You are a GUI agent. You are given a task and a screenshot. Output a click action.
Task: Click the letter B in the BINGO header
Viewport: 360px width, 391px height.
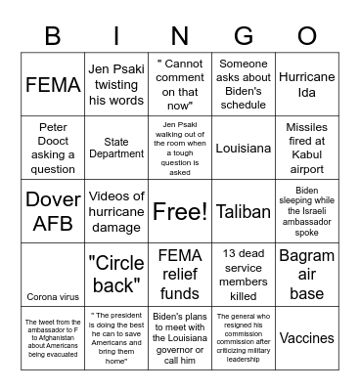(x=53, y=36)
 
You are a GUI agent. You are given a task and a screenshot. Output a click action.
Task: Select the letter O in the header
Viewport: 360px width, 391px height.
(x=306, y=36)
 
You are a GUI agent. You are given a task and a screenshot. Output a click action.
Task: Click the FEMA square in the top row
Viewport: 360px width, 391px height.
(x=53, y=85)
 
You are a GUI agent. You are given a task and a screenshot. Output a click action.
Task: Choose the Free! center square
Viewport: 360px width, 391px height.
(x=180, y=211)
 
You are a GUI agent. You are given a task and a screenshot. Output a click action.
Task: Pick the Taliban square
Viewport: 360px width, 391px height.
(x=244, y=211)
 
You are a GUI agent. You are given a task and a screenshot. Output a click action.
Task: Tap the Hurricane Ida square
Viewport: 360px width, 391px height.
(x=306, y=85)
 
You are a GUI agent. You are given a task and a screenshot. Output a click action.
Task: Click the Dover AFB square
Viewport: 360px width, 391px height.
(x=53, y=211)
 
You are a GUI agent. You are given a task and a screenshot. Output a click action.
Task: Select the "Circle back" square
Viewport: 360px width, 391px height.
(x=116, y=275)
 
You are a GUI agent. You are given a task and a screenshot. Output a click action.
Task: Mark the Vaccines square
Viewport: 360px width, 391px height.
(x=306, y=337)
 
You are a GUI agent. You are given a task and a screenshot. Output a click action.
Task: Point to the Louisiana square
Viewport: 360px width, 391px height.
(x=244, y=149)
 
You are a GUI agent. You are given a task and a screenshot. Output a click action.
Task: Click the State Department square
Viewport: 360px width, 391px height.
(x=116, y=149)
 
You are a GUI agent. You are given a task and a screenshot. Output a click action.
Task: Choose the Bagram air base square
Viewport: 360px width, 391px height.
(x=306, y=275)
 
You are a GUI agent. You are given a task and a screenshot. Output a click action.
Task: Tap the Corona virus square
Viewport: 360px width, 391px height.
(x=53, y=295)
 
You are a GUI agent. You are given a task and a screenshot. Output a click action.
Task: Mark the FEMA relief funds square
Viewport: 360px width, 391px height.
(x=180, y=275)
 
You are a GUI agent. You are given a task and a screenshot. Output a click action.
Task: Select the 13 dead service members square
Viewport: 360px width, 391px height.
(x=244, y=275)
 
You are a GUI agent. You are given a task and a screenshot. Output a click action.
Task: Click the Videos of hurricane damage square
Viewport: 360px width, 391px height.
(x=116, y=211)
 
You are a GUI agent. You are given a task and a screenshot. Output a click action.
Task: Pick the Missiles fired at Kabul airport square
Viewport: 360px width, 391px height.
(x=306, y=149)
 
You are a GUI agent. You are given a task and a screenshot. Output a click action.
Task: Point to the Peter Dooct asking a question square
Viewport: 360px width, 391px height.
(x=53, y=149)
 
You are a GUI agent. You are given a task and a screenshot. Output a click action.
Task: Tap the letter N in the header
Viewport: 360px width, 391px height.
(x=180, y=36)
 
